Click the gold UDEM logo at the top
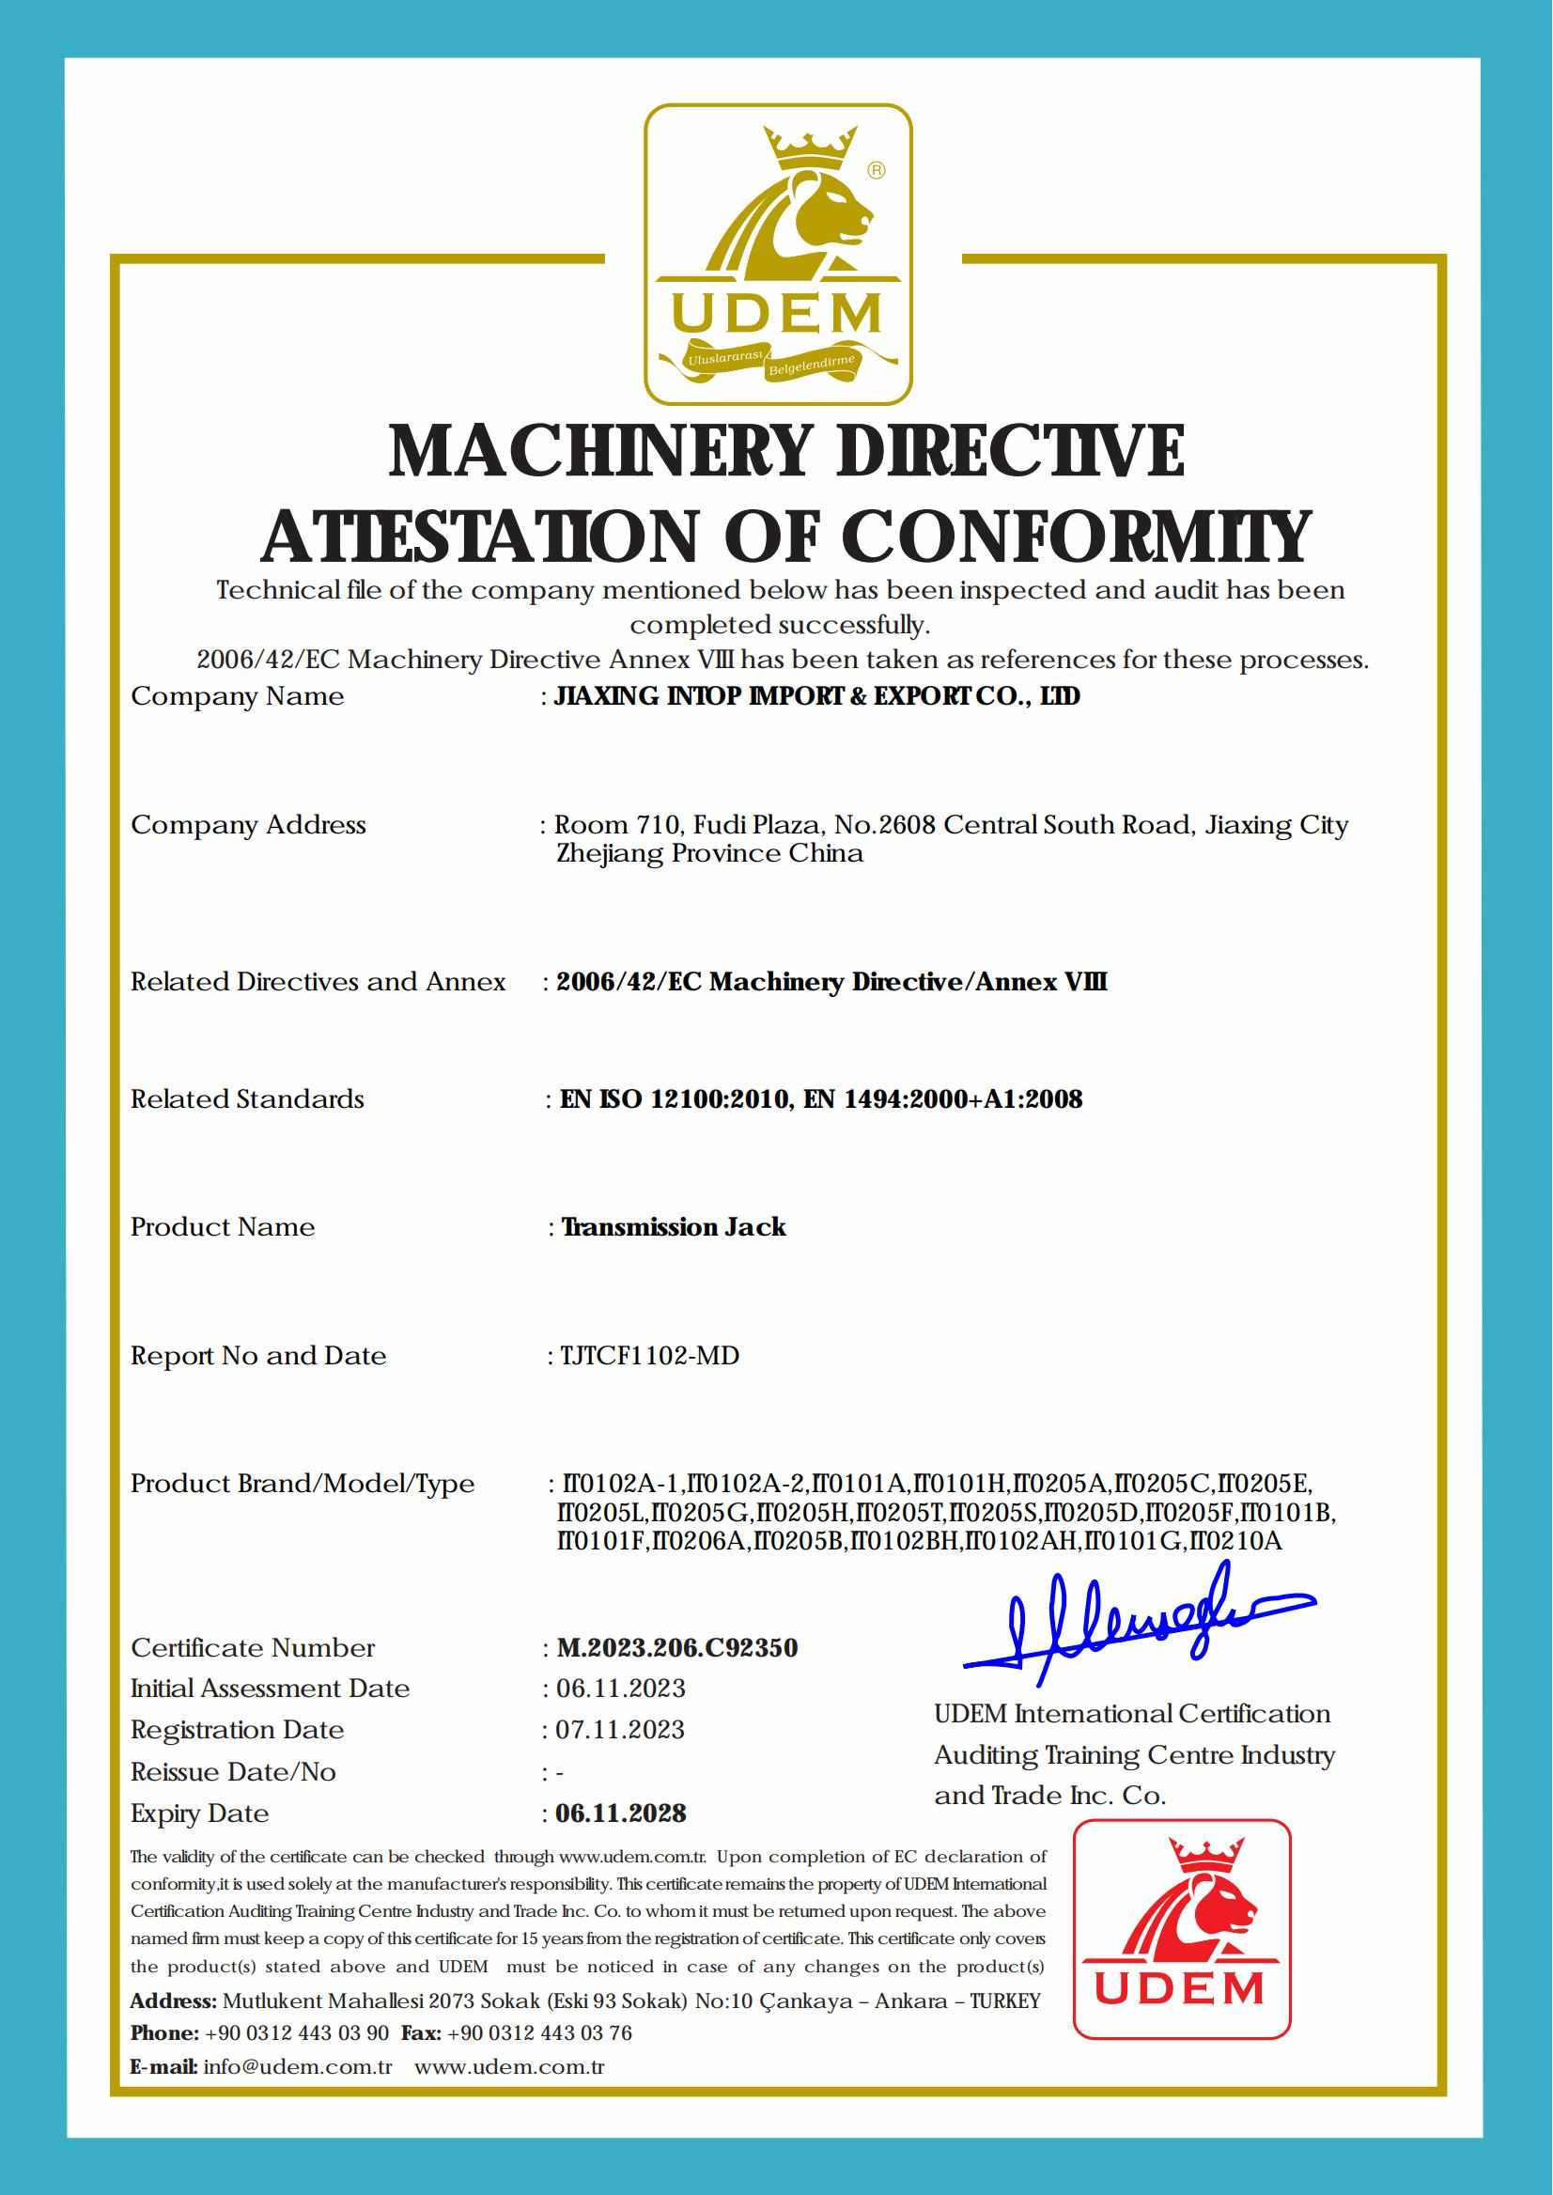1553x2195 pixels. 776,254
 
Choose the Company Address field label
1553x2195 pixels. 248,824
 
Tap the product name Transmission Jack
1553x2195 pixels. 674,1227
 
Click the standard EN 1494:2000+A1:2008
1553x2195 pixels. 943,1099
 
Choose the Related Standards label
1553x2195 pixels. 247,1099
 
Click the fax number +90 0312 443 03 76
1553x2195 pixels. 539,2032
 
